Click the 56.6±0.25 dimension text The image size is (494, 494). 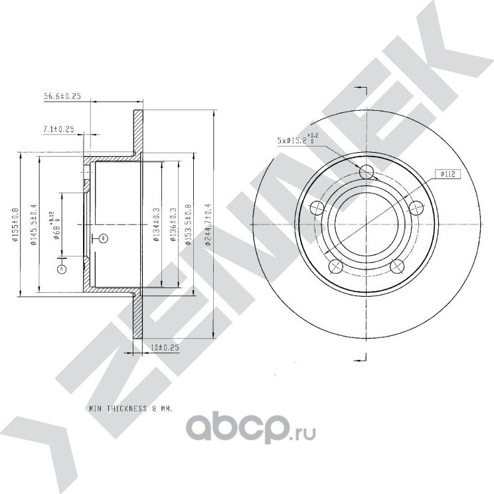pyautogui.click(x=62, y=96)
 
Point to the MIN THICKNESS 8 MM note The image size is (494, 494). pyautogui.click(x=130, y=410)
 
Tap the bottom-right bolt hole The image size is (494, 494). pyautogui.click(x=398, y=267)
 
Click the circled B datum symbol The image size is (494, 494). pyautogui.click(x=103, y=238)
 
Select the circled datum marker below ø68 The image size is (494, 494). pyautogui.click(x=62, y=269)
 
